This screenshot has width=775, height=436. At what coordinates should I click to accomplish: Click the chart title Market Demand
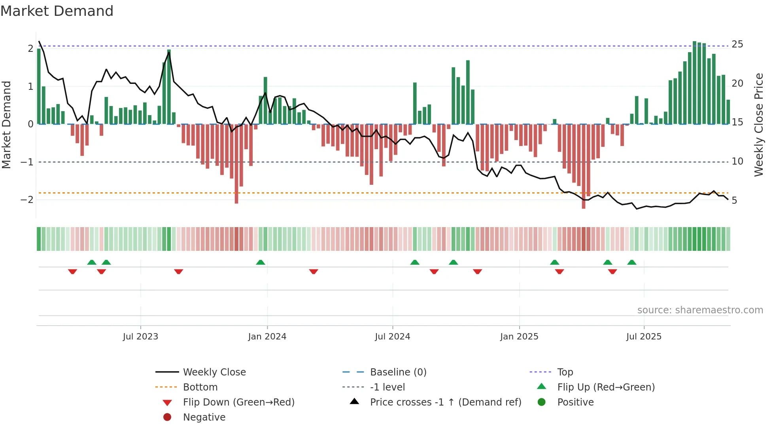[x=57, y=11]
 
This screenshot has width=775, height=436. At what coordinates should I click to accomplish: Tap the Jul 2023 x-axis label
[x=140, y=337]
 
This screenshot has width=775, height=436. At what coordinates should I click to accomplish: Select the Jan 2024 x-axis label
[x=267, y=337]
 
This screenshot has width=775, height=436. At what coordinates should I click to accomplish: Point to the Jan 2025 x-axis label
[x=519, y=337]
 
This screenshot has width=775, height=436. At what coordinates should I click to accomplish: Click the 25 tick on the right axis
[x=737, y=44]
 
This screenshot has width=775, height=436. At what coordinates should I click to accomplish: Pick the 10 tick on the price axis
[x=737, y=161]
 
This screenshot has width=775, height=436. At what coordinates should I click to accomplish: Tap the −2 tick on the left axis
[x=27, y=200]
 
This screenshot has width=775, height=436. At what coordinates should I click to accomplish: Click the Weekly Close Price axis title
[x=758, y=125]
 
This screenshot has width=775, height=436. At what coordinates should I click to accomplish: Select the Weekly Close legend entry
[x=214, y=372]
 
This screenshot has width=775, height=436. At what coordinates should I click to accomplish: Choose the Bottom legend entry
[x=200, y=387]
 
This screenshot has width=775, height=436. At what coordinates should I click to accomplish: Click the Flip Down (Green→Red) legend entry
[x=238, y=402]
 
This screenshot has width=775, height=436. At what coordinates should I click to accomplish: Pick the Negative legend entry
[x=204, y=417]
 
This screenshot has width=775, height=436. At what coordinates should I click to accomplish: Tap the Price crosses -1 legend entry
[x=445, y=402]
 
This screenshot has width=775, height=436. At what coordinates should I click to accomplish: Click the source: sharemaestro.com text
[x=700, y=310]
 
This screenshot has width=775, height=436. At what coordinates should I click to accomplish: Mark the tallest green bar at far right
[x=694, y=83]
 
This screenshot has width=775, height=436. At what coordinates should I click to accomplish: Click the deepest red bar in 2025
[x=583, y=166]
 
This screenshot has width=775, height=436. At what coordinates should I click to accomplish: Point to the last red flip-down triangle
[x=612, y=271]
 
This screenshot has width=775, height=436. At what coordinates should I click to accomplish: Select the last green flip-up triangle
[x=631, y=262]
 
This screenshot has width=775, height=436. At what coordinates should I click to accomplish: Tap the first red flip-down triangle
[x=72, y=271]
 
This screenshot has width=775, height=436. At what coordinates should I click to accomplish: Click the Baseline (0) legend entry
[x=398, y=372]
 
